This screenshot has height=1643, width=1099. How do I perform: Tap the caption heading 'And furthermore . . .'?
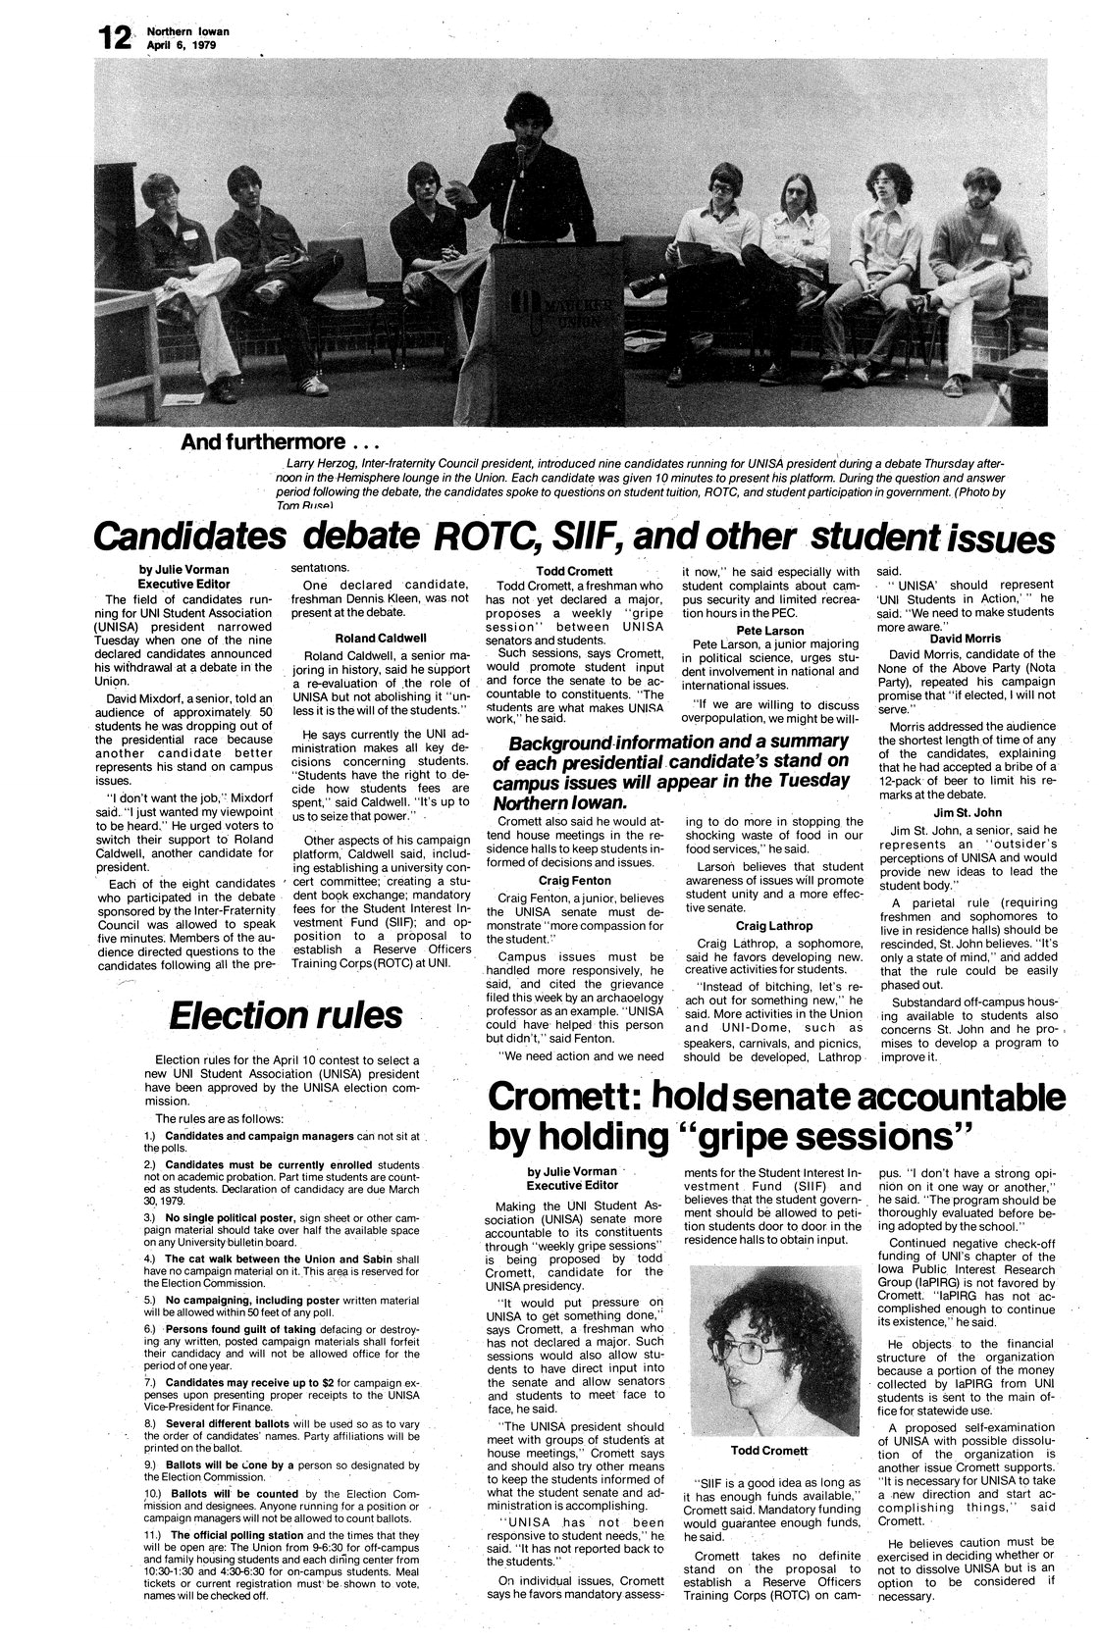263,442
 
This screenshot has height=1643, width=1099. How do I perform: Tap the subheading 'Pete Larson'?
769,631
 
